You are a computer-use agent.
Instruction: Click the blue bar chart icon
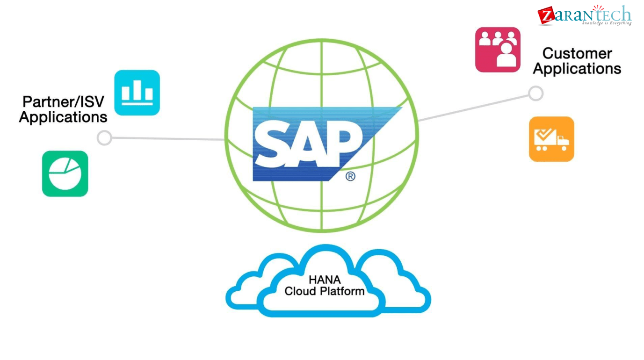[x=137, y=93]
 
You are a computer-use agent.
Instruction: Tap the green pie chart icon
[x=65, y=173]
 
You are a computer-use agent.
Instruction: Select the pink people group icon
[x=498, y=50]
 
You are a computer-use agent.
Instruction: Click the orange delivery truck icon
[x=551, y=139]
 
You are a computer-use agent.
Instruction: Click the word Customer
[x=577, y=53]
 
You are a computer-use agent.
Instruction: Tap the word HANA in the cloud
[x=325, y=280]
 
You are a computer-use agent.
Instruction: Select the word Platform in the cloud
[x=344, y=291]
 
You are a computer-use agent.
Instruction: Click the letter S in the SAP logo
[x=273, y=143]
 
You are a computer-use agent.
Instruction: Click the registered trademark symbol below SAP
[x=350, y=176]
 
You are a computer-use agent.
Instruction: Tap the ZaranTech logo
[x=585, y=15]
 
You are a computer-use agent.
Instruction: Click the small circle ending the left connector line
[x=104, y=138]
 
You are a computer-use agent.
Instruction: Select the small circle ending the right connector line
[x=536, y=93]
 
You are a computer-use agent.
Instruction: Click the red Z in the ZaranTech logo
[x=545, y=16]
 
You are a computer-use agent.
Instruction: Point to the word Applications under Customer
[x=577, y=69]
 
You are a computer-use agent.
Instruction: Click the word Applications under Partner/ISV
[x=63, y=117]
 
